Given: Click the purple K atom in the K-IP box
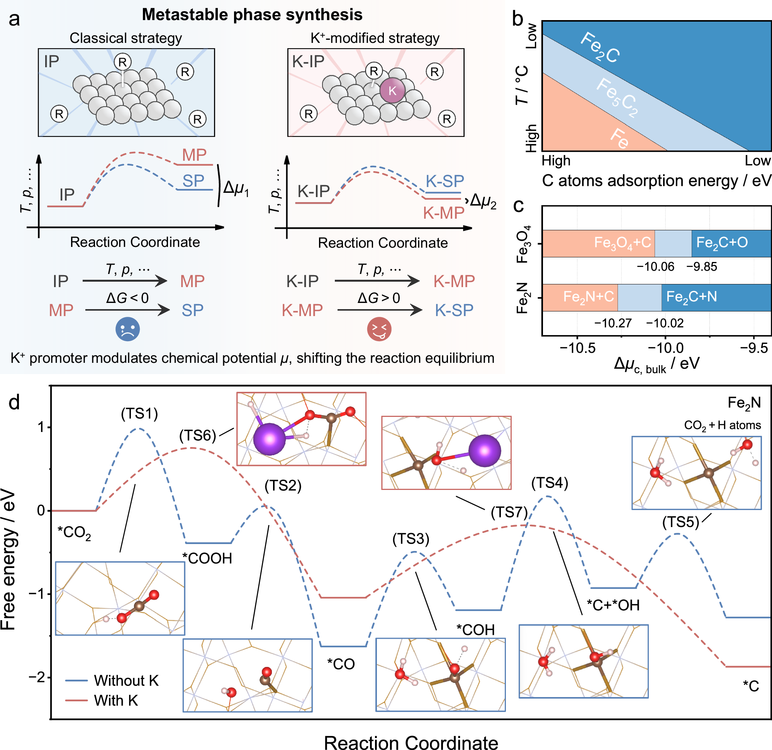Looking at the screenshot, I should tap(392, 90).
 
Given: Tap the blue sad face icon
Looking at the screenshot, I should tap(127, 329).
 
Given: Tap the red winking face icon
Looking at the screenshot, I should tap(379, 329).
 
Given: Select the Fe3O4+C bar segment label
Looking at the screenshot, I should tap(622, 243).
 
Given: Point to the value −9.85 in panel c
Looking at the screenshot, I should tap(701, 267).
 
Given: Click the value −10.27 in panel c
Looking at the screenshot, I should tap(613, 323).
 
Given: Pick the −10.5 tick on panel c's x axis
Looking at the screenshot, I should tap(577, 348).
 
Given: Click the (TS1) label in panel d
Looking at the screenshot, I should tap(139, 413).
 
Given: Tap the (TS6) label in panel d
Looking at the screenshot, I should tap(198, 435).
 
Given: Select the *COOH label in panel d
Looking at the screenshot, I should tap(207, 558).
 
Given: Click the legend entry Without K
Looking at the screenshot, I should tap(126, 680).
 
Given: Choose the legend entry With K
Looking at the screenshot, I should tap(116, 700).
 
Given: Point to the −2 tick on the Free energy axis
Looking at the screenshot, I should tap(37, 677).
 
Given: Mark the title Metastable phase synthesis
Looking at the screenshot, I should tap(252, 15).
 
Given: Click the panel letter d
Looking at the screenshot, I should tap(14, 402).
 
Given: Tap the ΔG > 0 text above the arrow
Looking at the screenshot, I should tap(378, 298).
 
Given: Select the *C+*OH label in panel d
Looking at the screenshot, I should tap(613, 605).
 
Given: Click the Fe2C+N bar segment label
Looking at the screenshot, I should tap(691, 297).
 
